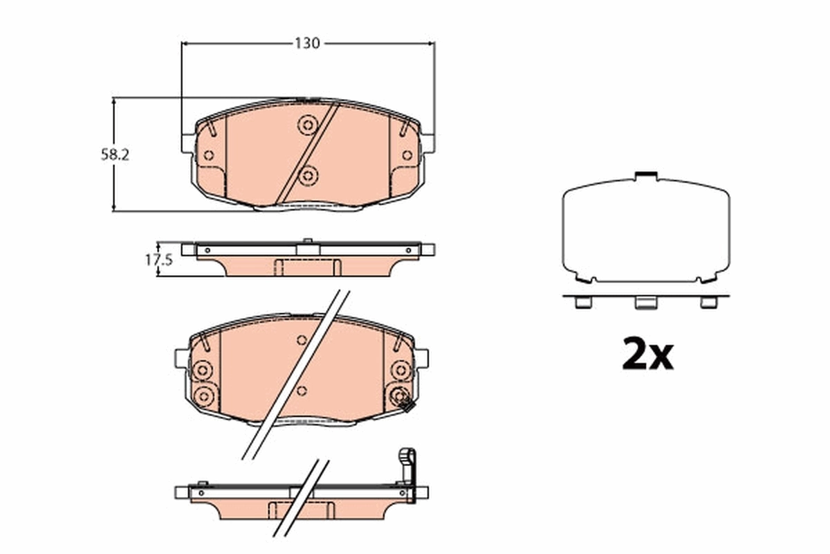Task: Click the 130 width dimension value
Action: (x=307, y=43)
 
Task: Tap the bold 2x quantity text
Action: (x=647, y=355)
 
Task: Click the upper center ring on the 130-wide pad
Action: (x=307, y=125)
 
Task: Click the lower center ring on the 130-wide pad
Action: (x=307, y=176)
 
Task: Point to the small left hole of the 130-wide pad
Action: (x=208, y=155)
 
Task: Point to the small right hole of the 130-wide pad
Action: (x=407, y=155)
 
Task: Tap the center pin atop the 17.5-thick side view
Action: (x=307, y=242)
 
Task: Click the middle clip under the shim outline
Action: (x=646, y=303)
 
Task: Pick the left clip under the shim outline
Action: (x=583, y=302)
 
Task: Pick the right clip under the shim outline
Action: (x=708, y=302)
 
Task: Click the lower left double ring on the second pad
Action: (x=203, y=396)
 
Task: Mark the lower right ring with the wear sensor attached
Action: (x=400, y=396)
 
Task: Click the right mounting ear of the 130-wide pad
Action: (x=428, y=143)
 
